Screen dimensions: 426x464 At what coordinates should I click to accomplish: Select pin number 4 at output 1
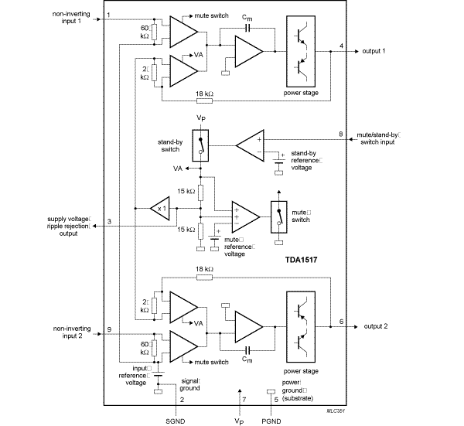342,46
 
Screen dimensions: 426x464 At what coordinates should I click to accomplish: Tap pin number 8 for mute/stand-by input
341,135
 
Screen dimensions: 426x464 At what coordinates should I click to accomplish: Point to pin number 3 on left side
110,222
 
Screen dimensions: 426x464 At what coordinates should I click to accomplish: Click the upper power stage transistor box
305,53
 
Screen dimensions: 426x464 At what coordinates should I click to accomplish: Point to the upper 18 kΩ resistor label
205,92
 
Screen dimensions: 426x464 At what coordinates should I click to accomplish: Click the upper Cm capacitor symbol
247,28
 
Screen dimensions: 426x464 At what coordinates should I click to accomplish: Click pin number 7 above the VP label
243,399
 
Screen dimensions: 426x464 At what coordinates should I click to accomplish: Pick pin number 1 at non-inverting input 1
109,15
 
